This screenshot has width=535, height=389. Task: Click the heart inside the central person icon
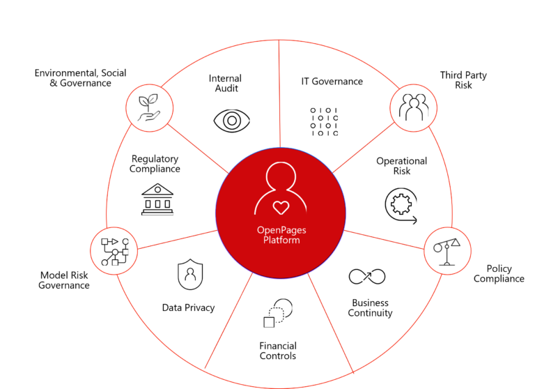(x=281, y=207)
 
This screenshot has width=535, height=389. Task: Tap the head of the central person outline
(x=280, y=175)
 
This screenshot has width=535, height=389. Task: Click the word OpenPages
(x=281, y=231)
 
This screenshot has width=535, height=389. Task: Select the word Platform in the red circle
(x=281, y=240)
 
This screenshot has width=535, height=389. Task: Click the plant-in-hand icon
(x=149, y=108)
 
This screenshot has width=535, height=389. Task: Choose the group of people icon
(x=413, y=108)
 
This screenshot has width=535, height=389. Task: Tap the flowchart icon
(x=114, y=251)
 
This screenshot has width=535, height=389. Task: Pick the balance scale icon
(x=448, y=250)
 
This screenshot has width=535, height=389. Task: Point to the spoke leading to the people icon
(x=363, y=149)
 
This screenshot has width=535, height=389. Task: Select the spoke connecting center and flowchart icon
(x=177, y=239)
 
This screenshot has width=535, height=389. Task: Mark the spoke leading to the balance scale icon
(x=385, y=238)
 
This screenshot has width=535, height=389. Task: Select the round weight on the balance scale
(x=438, y=247)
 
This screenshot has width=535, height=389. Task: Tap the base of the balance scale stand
(x=447, y=264)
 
